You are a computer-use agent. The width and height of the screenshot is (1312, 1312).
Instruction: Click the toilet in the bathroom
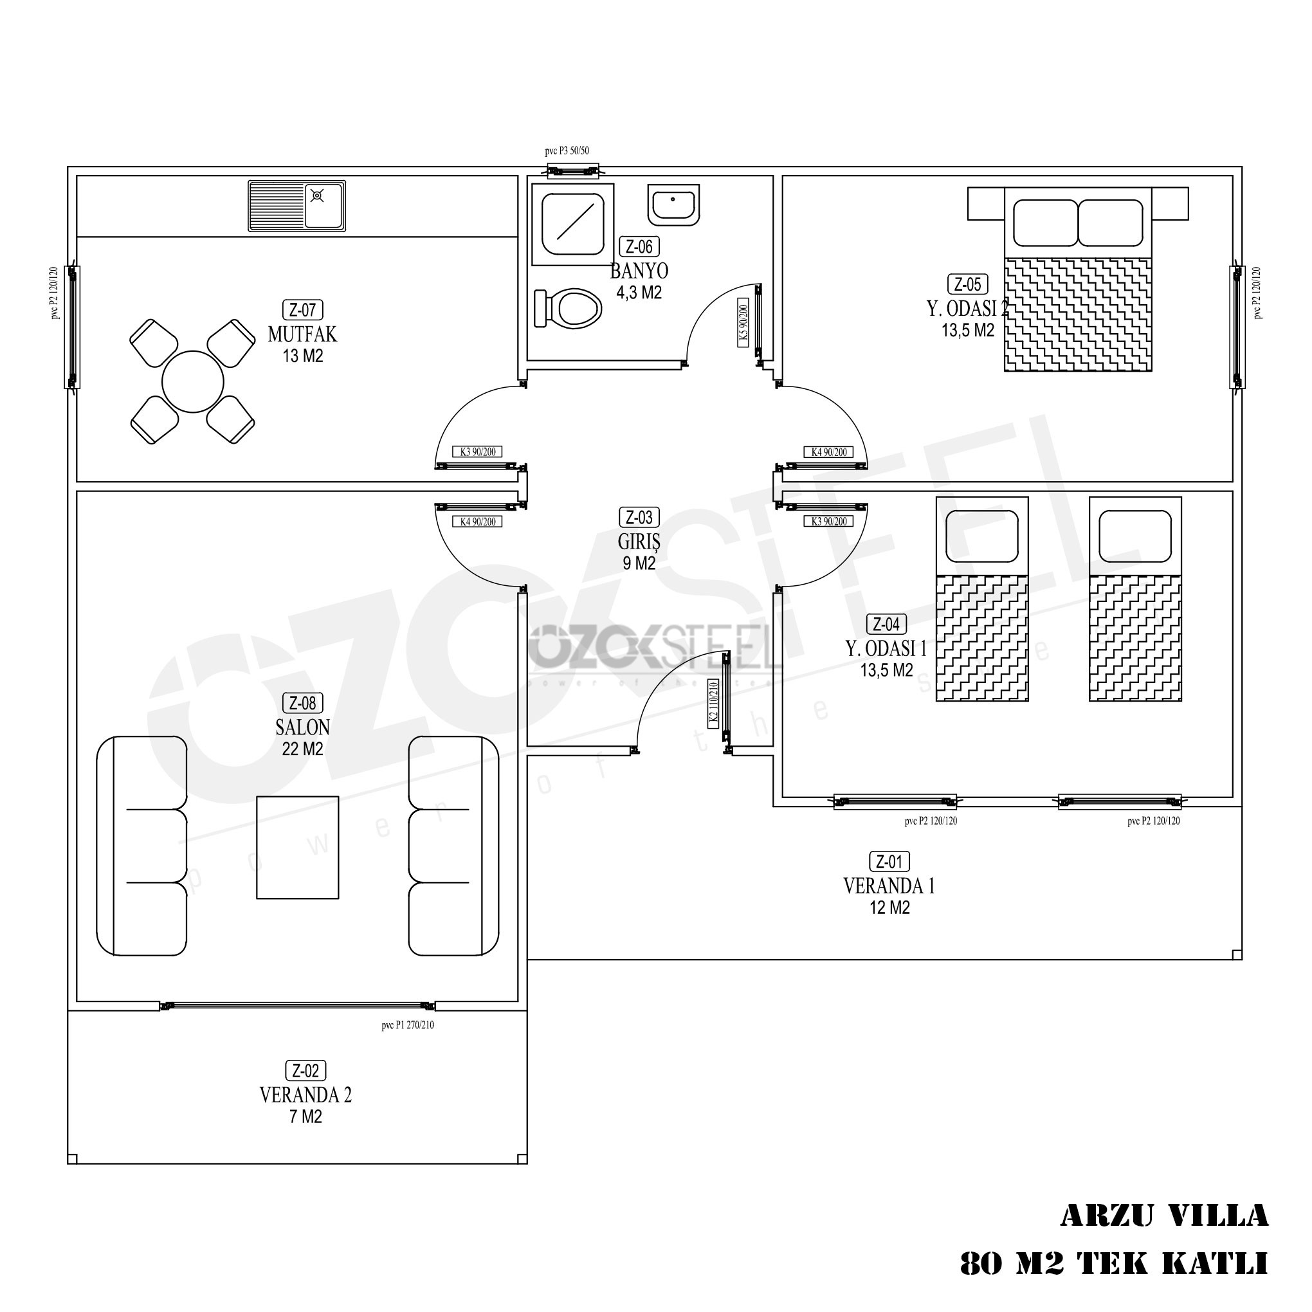point(573,309)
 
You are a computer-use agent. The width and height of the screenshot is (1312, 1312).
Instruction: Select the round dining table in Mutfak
point(194,382)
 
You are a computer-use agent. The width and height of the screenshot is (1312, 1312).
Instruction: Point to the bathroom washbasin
point(673,205)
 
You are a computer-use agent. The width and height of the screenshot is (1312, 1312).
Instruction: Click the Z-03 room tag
point(639,518)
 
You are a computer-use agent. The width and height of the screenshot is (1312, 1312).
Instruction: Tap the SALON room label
point(303,727)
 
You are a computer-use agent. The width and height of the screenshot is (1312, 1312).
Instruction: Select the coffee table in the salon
point(297,848)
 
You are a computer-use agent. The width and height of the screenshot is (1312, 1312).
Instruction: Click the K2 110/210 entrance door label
point(714,704)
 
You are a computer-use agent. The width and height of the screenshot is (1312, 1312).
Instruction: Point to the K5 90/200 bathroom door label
point(743,322)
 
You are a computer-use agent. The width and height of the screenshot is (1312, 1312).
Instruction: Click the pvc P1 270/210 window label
point(408,1025)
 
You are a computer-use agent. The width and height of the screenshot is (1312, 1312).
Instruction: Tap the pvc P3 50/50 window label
point(567,151)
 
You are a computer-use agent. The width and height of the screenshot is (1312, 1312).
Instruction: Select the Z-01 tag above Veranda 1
point(889,862)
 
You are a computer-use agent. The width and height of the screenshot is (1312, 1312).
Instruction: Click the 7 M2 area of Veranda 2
point(305,1117)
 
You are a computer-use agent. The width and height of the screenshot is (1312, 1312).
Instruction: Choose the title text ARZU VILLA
point(1164,1216)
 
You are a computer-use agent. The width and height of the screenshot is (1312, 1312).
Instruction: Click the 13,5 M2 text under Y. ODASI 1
point(887,671)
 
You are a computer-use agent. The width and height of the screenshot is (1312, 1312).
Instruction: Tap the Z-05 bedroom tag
point(968,284)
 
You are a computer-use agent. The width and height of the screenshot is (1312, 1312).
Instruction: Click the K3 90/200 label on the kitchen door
point(477,451)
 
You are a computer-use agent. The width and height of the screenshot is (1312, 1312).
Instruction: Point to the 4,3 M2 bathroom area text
point(639,293)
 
